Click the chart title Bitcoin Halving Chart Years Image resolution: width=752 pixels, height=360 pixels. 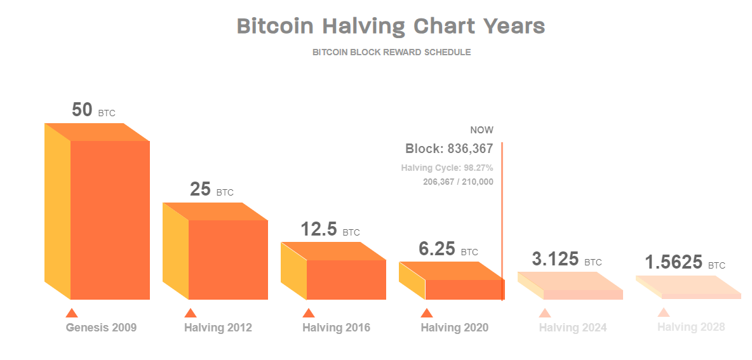pyautogui.click(x=391, y=26)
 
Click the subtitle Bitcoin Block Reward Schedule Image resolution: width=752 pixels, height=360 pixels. pyautogui.click(x=391, y=52)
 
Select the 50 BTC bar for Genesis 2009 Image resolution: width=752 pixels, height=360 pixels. pyautogui.click(x=109, y=219)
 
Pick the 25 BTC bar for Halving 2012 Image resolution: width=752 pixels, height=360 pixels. pyautogui.click(x=227, y=259)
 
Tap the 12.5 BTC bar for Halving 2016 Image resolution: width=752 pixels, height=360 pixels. pyautogui.click(x=346, y=279)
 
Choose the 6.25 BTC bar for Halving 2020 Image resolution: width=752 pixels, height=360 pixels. pyautogui.click(x=462, y=289)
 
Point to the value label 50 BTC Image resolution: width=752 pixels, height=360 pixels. pyautogui.click(x=93, y=110)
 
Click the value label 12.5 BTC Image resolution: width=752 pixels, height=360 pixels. pyautogui.click(x=330, y=230)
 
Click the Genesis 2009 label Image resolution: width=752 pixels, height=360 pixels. pyautogui.click(x=101, y=328)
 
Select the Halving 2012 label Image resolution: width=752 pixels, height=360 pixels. pyautogui.click(x=218, y=328)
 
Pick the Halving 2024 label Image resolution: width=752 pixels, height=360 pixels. pyautogui.click(x=573, y=328)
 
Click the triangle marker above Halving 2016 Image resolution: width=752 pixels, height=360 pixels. pyautogui.click(x=309, y=313)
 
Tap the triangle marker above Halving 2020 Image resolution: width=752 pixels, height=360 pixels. pyautogui.click(x=427, y=313)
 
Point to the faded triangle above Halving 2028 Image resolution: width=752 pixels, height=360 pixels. pyautogui.click(x=664, y=312)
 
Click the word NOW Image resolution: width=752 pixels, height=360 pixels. pyautogui.click(x=481, y=130)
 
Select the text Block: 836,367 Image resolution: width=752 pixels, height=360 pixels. pyautogui.click(x=449, y=149)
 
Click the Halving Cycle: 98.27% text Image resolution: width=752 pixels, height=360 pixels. pyautogui.click(x=447, y=168)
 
